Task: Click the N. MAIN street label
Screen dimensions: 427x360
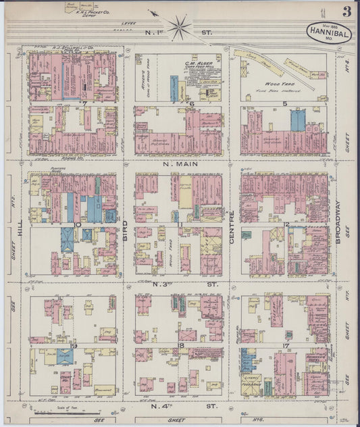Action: pyautogui.click(x=180, y=163)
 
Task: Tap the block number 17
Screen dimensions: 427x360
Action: pyautogui.click(x=286, y=345)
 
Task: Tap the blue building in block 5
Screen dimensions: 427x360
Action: pyautogui.click(x=297, y=120)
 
